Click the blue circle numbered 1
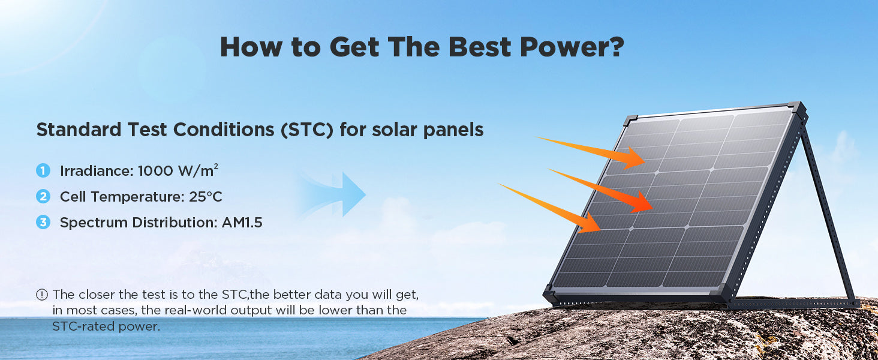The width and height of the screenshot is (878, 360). coord(43,170)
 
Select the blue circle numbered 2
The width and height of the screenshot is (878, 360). coord(43,196)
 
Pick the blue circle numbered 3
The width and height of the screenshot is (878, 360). coord(43,223)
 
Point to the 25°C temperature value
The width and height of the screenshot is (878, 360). coord(205,196)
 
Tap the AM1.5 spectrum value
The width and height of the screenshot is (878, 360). coord(242,223)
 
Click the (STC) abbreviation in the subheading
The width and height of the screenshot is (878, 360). coord(307,130)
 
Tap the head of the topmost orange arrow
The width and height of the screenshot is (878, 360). coord(634,158)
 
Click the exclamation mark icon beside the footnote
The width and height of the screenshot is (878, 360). coord(42,295)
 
